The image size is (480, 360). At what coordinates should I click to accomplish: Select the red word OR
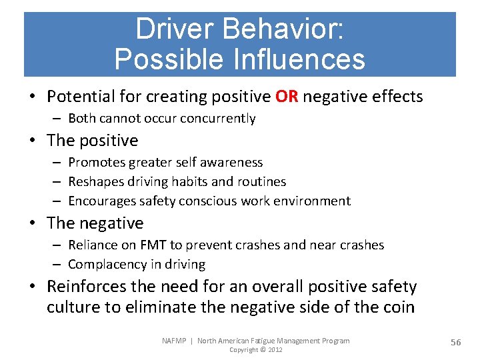(287, 97)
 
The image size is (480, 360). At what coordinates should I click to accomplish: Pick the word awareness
(233, 163)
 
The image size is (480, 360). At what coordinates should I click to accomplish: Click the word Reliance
(91, 245)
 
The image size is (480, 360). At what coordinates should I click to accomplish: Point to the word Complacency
(107, 265)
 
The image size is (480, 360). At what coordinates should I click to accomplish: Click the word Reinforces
(85, 287)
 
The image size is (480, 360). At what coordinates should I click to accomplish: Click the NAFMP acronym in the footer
(175, 341)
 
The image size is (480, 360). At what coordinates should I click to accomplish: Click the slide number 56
(455, 343)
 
